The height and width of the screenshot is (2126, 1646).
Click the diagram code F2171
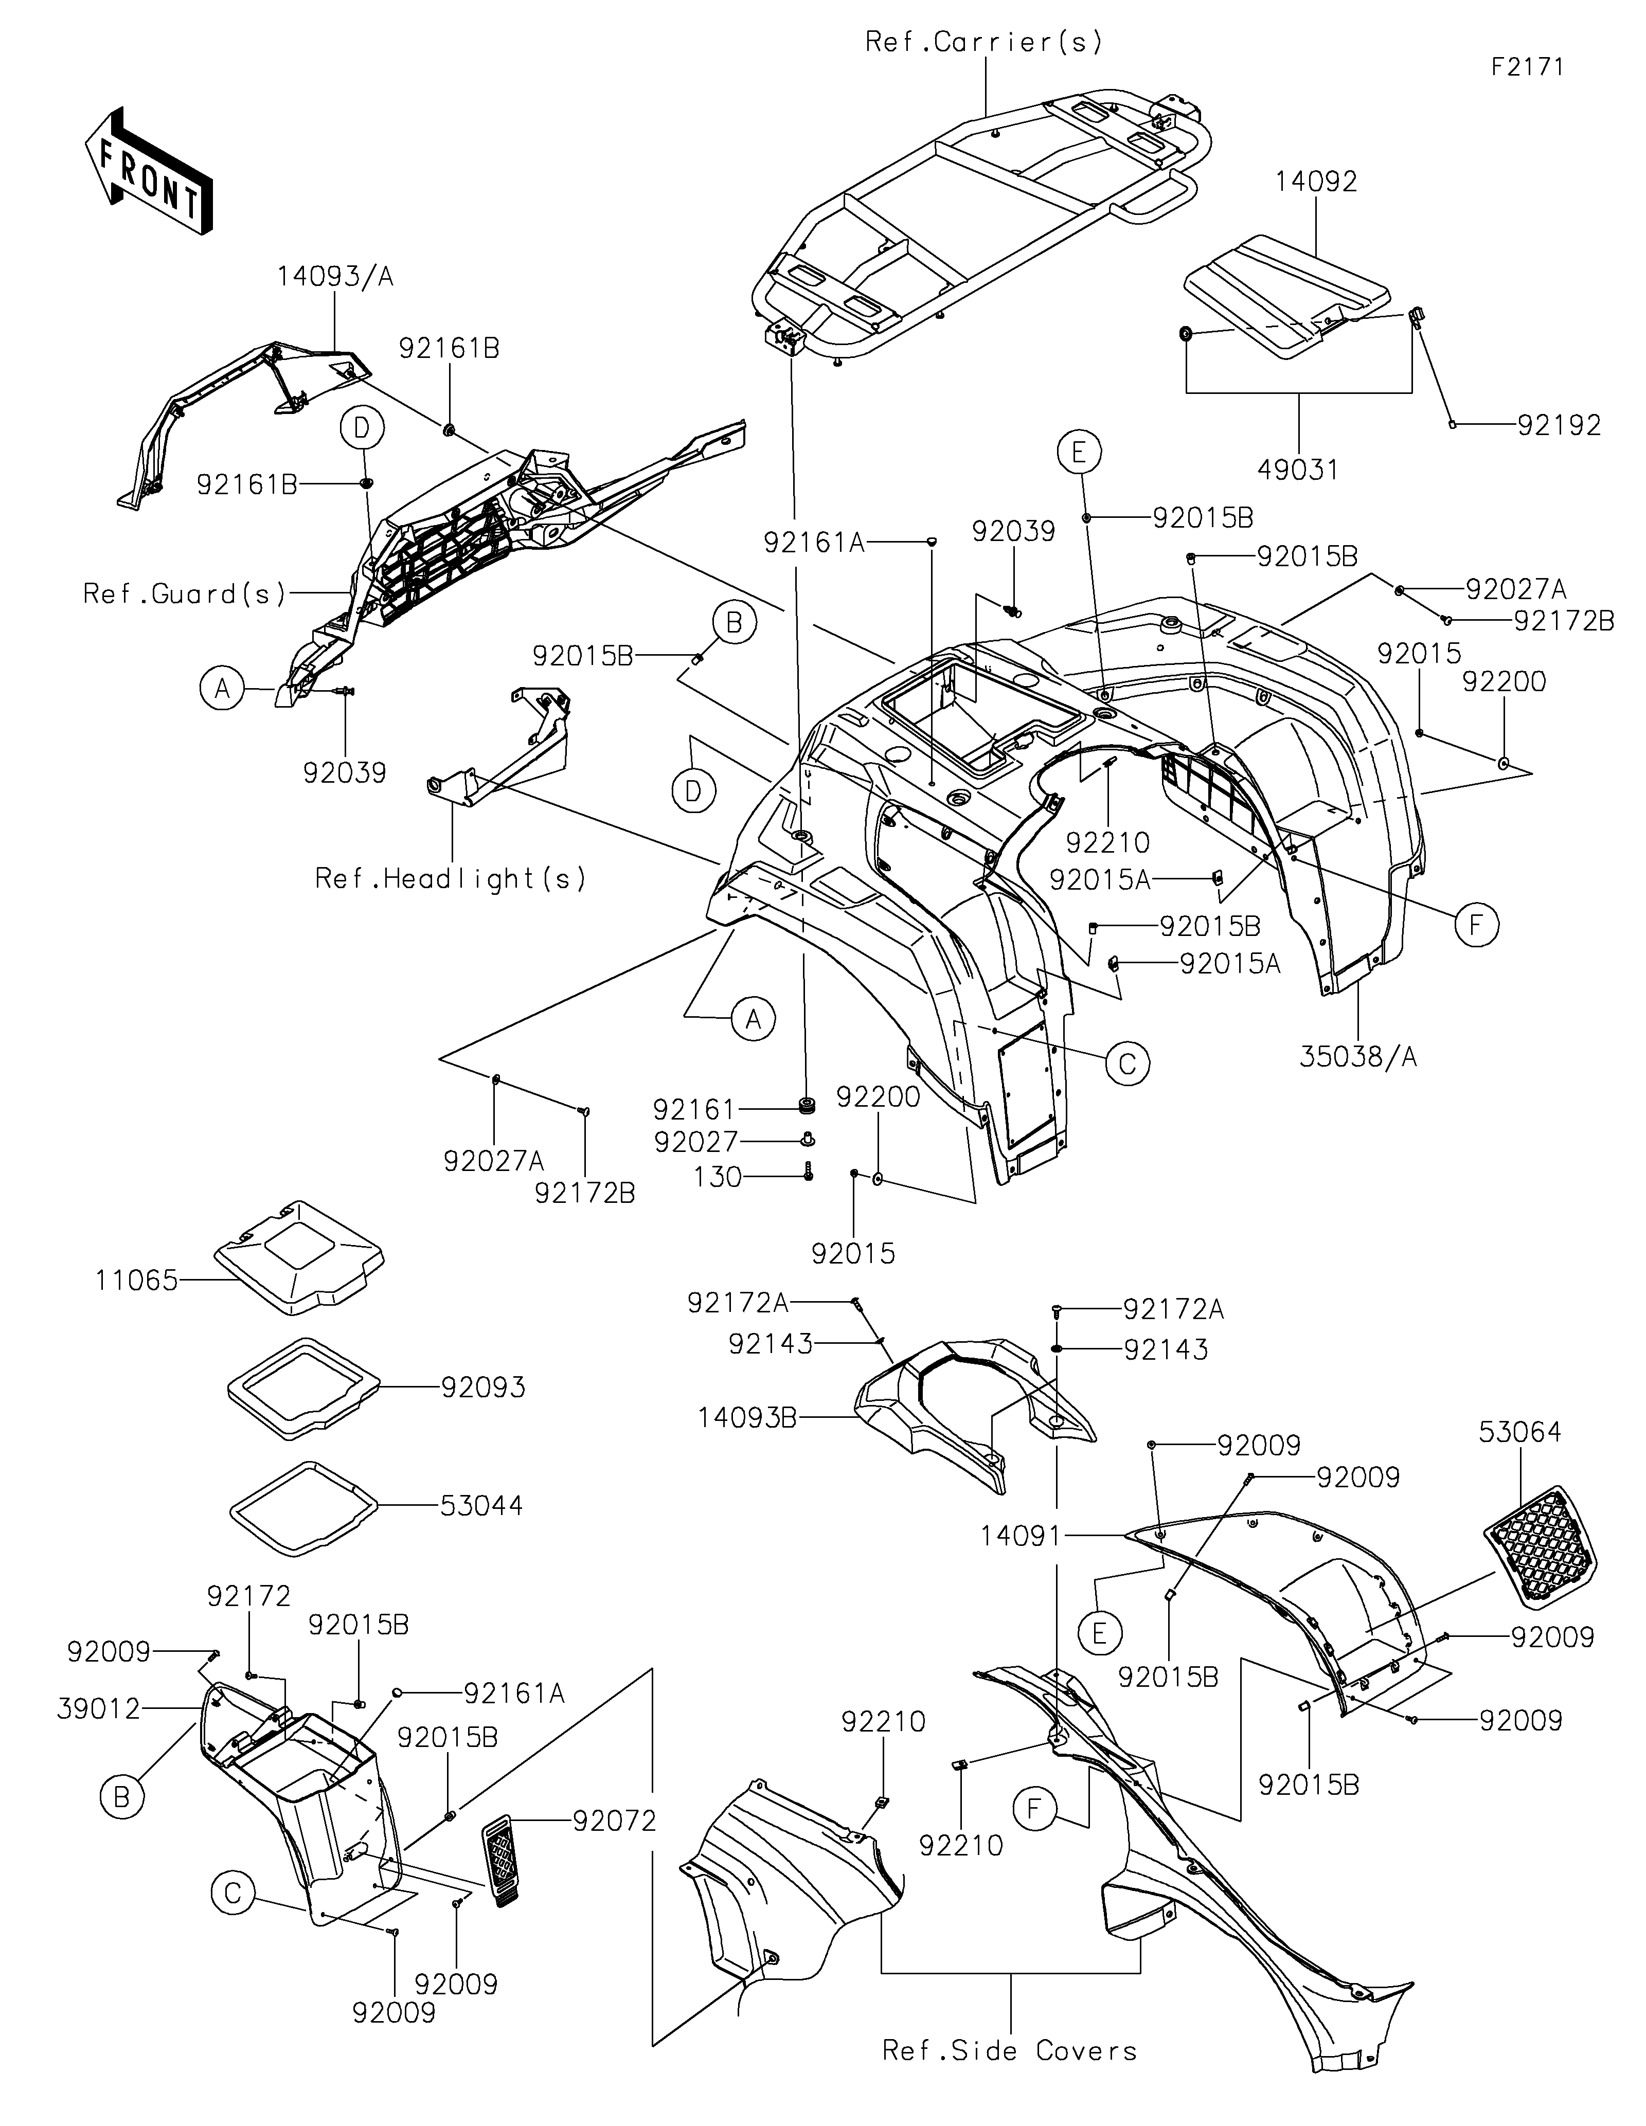1527,67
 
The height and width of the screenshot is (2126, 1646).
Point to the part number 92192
1560,425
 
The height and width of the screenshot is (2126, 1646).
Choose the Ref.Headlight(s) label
451,879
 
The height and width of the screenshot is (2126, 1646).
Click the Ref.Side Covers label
1009,2051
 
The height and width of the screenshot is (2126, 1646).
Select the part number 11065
137,1280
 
